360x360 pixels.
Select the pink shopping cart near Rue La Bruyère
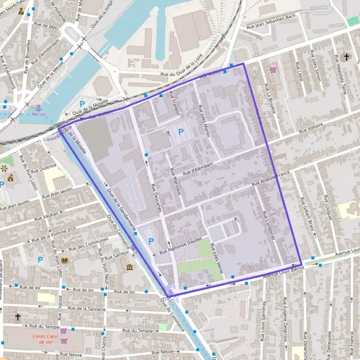pyautogui.click(x=273, y=70)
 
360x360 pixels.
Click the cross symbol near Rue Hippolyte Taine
pyautogui.click(x=346, y=57)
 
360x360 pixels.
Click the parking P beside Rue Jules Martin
pyautogui.click(x=181, y=131)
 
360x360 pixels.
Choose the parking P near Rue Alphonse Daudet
pyautogui.click(x=151, y=241)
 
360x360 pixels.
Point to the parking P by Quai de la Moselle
pyautogui.click(x=83, y=104)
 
